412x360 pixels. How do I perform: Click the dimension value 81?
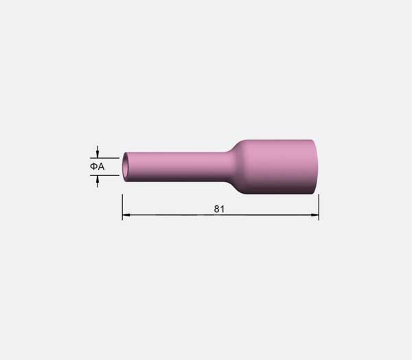pyautogui.click(x=219, y=209)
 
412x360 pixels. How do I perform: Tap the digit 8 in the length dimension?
pyautogui.click(x=217, y=209)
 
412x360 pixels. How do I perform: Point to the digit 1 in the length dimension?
pyautogui.click(x=222, y=209)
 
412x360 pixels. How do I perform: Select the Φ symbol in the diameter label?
pyautogui.click(x=94, y=166)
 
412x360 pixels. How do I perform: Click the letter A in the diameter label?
pyautogui.click(x=101, y=166)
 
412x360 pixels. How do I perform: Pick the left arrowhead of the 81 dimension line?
pyautogui.click(x=126, y=215)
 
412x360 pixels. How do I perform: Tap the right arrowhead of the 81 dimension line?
pyautogui.click(x=314, y=215)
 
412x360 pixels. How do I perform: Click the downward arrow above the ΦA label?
pyautogui.click(x=98, y=152)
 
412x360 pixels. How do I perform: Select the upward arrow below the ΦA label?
pyautogui.click(x=98, y=181)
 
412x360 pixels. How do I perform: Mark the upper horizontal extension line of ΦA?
pyautogui.click(x=104, y=158)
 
